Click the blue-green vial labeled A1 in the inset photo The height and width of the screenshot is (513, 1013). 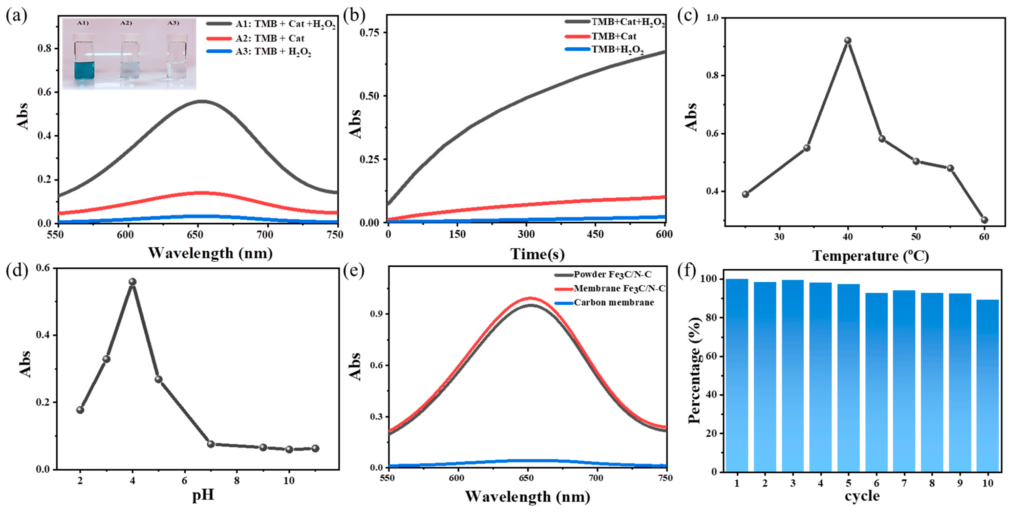[x=84, y=57]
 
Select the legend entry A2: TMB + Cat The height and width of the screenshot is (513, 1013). [x=269, y=38]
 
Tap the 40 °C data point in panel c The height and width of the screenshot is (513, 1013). [x=848, y=41]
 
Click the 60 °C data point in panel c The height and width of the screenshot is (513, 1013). [x=984, y=220]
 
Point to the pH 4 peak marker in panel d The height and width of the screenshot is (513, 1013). [x=132, y=282]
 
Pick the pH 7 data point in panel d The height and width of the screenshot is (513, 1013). [x=211, y=444]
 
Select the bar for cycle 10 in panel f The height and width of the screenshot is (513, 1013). [x=987, y=385]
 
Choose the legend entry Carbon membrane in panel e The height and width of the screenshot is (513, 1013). [x=613, y=303]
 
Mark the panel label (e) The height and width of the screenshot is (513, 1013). [x=354, y=271]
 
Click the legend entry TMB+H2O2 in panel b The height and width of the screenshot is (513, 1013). [x=617, y=50]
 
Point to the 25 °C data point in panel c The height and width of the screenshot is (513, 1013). [x=745, y=194]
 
